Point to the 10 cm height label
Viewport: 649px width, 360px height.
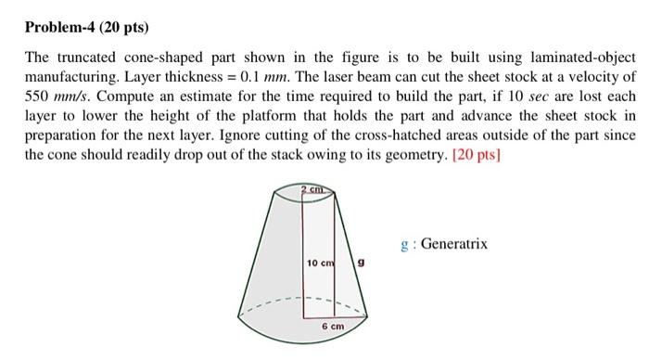click(320, 264)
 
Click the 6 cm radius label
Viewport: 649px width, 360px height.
click(333, 328)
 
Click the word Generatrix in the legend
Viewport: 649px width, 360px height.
click(454, 245)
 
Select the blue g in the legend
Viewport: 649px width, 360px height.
click(405, 246)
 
